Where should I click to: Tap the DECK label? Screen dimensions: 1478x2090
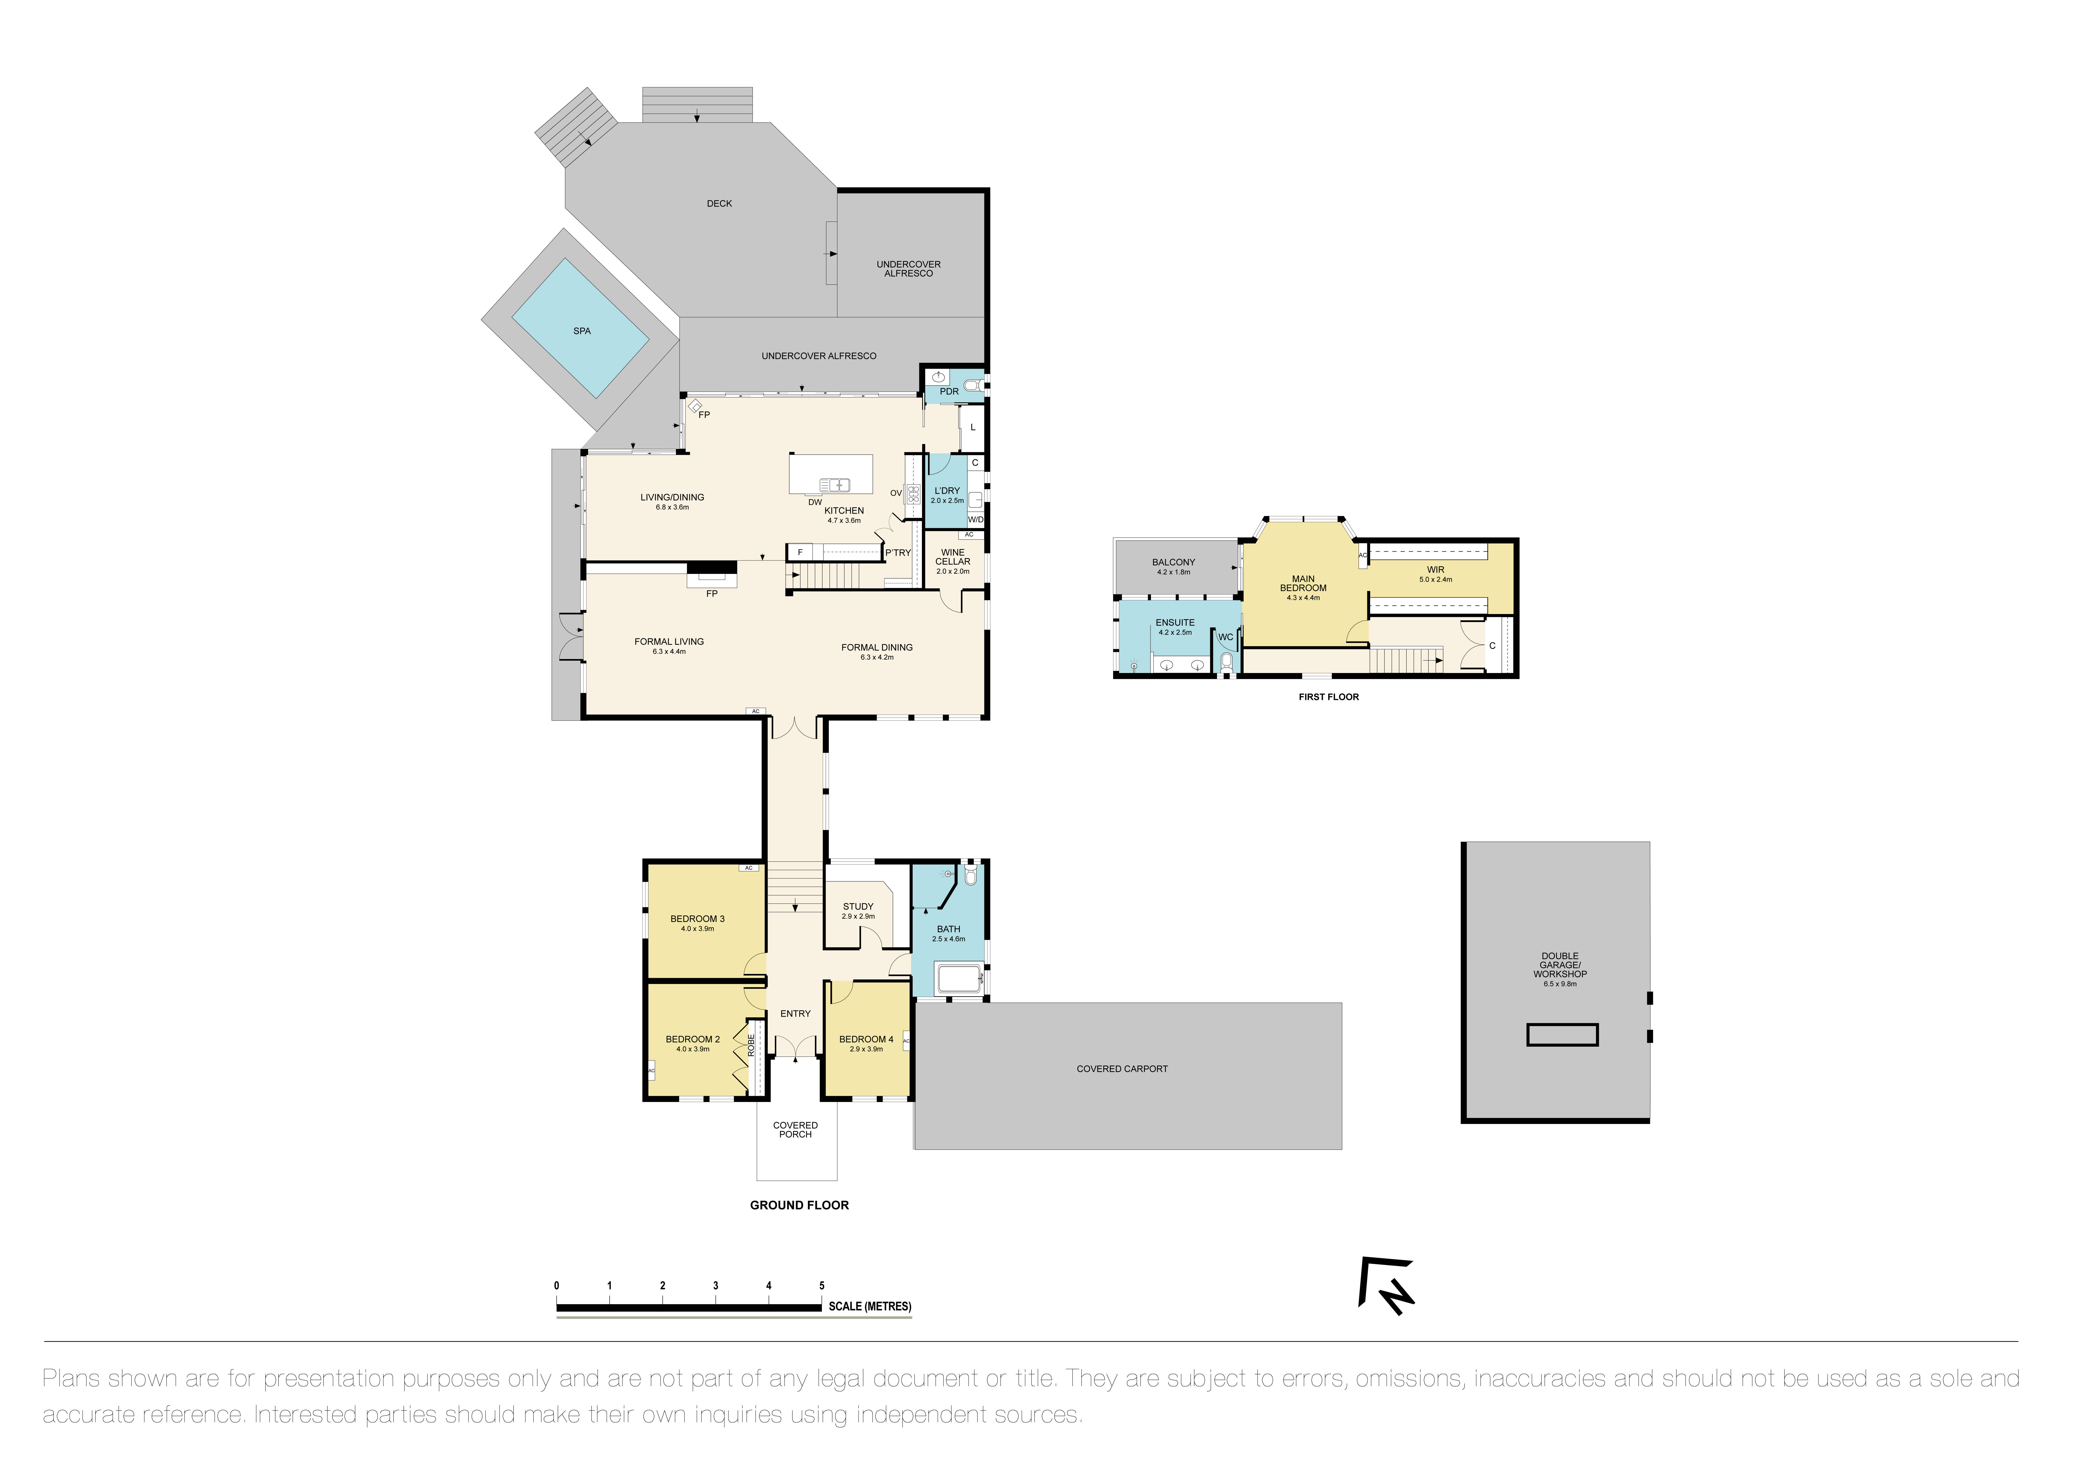pos(719,204)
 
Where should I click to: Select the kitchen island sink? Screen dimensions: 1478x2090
pos(835,485)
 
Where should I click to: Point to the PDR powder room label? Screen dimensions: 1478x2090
pos(949,391)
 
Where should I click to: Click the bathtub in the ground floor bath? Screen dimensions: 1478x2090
pos(958,979)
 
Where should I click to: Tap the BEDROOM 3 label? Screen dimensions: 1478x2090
pos(697,919)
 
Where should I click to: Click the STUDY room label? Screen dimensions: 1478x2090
pos(858,906)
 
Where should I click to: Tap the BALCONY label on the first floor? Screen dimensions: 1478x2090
pos(1173,563)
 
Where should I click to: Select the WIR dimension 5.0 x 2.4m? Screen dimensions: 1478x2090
pos(1436,580)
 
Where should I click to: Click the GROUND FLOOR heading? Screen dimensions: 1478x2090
pos(799,1205)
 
